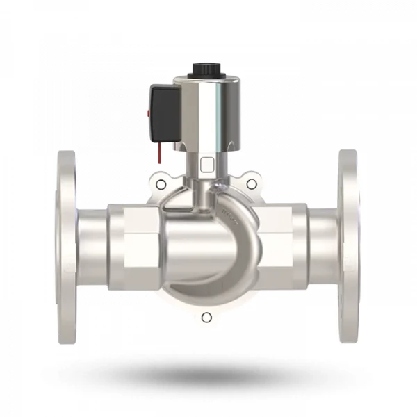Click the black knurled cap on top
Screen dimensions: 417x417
tap(206, 70)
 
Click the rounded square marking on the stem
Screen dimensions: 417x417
tap(206, 165)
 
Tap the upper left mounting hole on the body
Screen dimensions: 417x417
tap(161, 184)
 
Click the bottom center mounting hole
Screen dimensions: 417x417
tap(206, 318)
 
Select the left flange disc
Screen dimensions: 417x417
tap(66, 247)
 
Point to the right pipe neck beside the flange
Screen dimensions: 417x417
tap(323, 247)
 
